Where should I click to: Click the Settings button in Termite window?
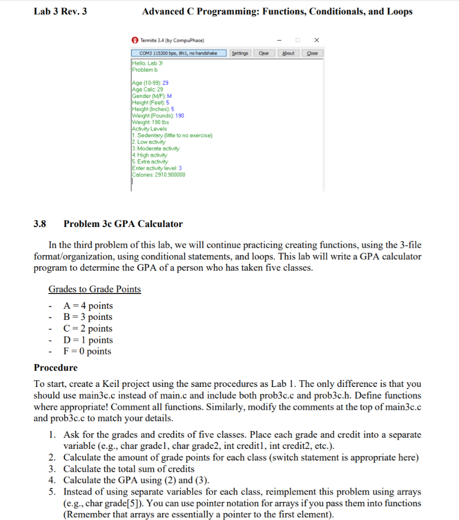(240, 53)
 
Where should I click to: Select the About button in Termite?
(288, 53)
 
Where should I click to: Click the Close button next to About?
(313, 53)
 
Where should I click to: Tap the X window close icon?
(317, 40)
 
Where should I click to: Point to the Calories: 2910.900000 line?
(159, 175)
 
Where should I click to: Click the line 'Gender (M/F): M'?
(151, 96)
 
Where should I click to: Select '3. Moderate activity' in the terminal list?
(156, 148)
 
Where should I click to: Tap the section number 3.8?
(40, 224)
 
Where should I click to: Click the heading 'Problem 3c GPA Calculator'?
(123, 224)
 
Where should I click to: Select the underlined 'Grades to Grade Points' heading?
(95, 289)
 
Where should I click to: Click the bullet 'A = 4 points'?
(87, 306)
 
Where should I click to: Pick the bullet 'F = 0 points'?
(87, 351)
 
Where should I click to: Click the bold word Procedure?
(56, 368)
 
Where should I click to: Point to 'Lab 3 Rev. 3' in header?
(60, 11)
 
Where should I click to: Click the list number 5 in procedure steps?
(52, 492)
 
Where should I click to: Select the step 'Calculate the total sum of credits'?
(129, 469)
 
